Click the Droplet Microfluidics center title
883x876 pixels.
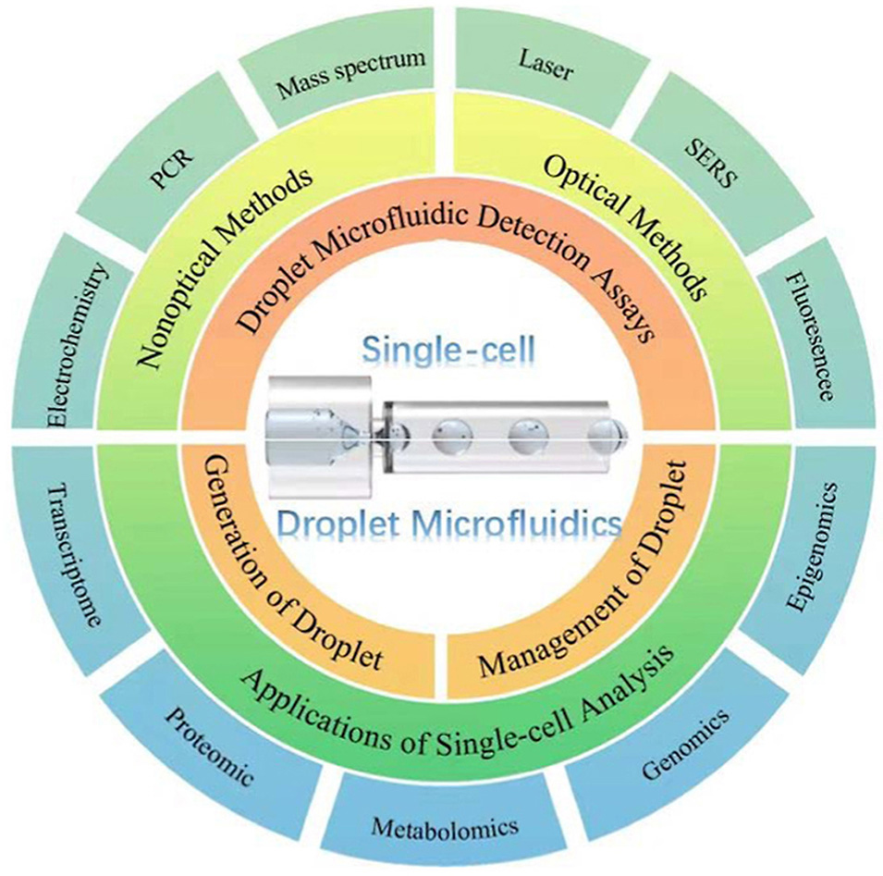point(448,524)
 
